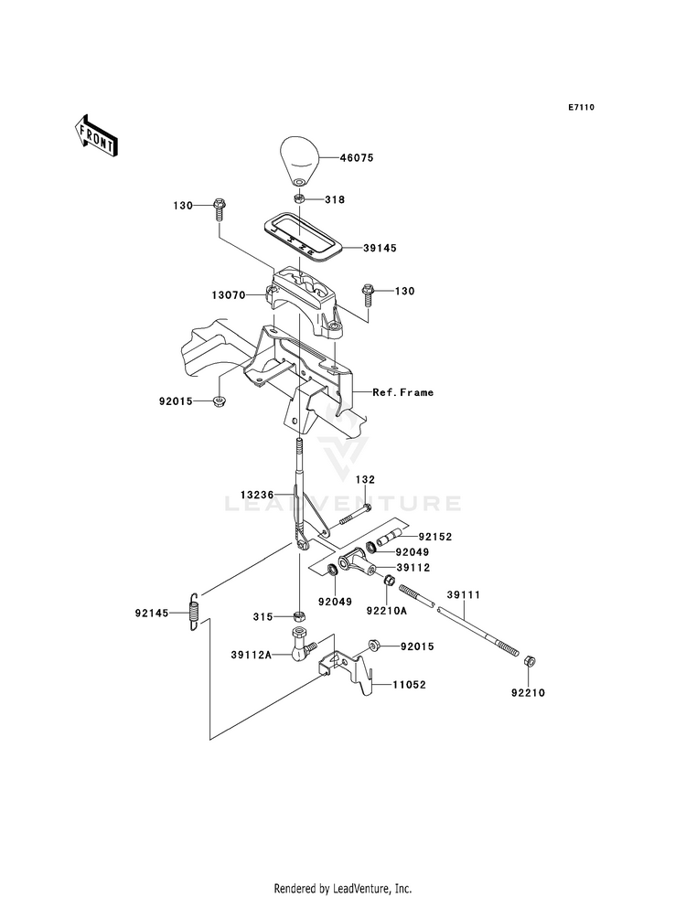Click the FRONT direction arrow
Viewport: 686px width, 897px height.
95,135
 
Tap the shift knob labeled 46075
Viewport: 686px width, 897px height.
299,161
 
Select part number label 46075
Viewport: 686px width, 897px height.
357,157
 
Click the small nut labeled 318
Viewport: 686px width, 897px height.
298,199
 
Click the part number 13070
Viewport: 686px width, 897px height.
229,295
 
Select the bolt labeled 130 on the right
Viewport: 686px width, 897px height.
366,294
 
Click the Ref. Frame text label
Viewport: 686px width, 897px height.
402,392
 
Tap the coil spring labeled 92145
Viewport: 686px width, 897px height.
195,612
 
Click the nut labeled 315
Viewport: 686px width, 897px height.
297,616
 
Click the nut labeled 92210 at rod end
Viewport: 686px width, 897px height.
530,661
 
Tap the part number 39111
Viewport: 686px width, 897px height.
464,595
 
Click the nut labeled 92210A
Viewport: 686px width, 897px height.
388,581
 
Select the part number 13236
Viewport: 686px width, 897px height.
257,495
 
